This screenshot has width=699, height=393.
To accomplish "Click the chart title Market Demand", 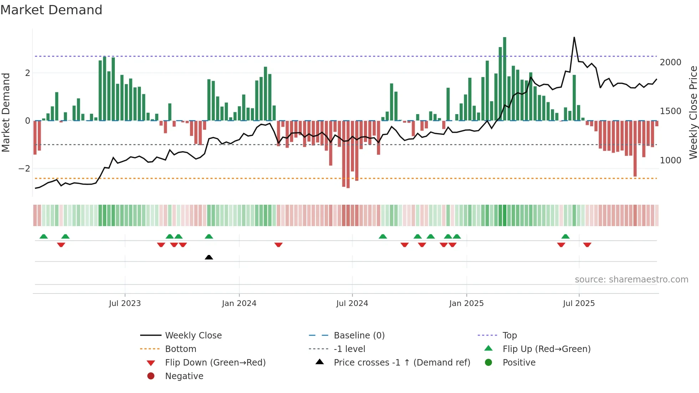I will [x=51, y=10].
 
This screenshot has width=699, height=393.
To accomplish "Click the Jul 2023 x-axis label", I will [x=125, y=303].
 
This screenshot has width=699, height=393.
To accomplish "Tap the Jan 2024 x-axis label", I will [x=239, y=303].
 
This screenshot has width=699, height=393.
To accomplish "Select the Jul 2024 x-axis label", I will [x=352, y=303].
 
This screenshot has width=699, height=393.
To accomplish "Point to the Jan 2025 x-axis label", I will [x=466, y=303].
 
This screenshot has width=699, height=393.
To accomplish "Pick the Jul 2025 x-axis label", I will [x=579, y=303].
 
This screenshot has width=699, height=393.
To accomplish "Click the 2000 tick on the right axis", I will [x=670, y=62].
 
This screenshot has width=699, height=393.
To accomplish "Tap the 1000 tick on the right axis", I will [x=670, y=160].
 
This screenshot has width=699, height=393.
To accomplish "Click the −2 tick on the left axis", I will [x=24, y=169].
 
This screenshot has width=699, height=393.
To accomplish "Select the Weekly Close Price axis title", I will [x=693, y=112].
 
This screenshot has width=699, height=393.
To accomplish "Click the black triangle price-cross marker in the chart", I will [x=209, y=257].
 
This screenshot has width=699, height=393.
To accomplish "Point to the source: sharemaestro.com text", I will [x=631, y=280].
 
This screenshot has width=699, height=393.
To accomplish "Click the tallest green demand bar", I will [x=505, y=78].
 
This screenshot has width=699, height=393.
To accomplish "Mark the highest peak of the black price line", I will [x=574, y=37].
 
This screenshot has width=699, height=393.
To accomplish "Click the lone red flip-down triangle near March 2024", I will [x=279, y=245].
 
